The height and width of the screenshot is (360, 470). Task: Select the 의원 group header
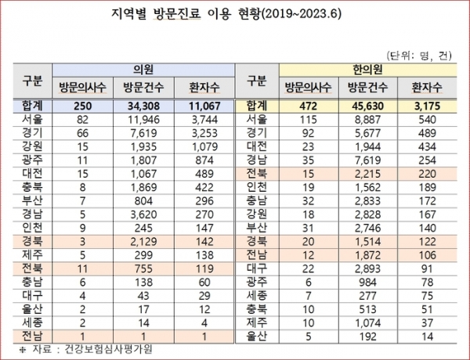[142, 69]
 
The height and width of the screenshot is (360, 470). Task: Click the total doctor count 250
[75, 105]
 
